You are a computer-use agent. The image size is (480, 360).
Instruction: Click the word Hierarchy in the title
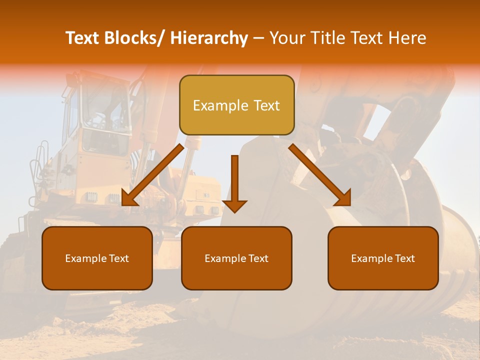[x=209, y=38]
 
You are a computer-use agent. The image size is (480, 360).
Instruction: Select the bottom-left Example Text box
[x=97, y=258]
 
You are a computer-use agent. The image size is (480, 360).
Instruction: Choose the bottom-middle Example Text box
[x=236, y=258]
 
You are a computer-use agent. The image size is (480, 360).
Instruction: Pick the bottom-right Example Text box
[x=383, y=258]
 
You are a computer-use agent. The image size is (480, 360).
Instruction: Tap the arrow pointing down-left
[x=152, y=175]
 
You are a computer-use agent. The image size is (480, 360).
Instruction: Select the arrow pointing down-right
[x=320, y=175]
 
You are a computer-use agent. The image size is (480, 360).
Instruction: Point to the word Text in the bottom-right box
[x=404, y=258]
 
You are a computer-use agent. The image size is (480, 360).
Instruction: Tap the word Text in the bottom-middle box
[x=258, y=258]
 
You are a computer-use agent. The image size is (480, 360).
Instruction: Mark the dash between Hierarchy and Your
[x=258, y=39]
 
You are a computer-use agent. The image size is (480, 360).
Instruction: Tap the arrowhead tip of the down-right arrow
[x=350, y=205]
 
